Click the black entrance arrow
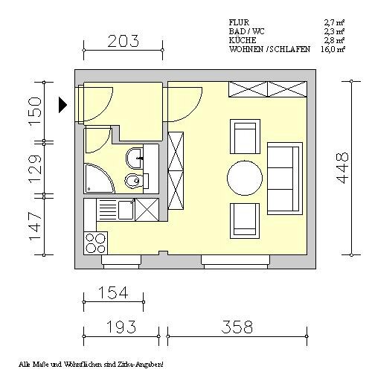pyautogui.click(x=62, y=105)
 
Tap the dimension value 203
pyautogui.click(x=124, y=41)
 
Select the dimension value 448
pyautogui.click(x=342, y=168)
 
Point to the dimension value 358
pyautogui.click(x=237, y=327)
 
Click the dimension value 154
pyautogui.click(x=113, y=292)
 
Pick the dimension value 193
pyautogui.click(x=121, y=327)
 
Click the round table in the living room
pyautogui.click(x=245, y=178)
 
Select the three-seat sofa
pyautogui.click(x=285, y=179)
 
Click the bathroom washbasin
pyautogui.click(x=135, y=158)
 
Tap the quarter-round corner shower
pyautogui.click(x=99, y=178)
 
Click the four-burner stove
pyautogui.click(x=96, y=243)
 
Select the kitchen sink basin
pyautogui.click(x=126, y=210)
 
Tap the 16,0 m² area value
pyautogui.click(x=333, y=49)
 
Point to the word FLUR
pyautogui.click(x=239, y=22)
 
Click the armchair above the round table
pyautogui.click(x=245, y=136)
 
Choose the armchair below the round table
pyautogui.click(x=245, y=221)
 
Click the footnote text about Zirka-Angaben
pyautogui.click(x=91, y=365)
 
